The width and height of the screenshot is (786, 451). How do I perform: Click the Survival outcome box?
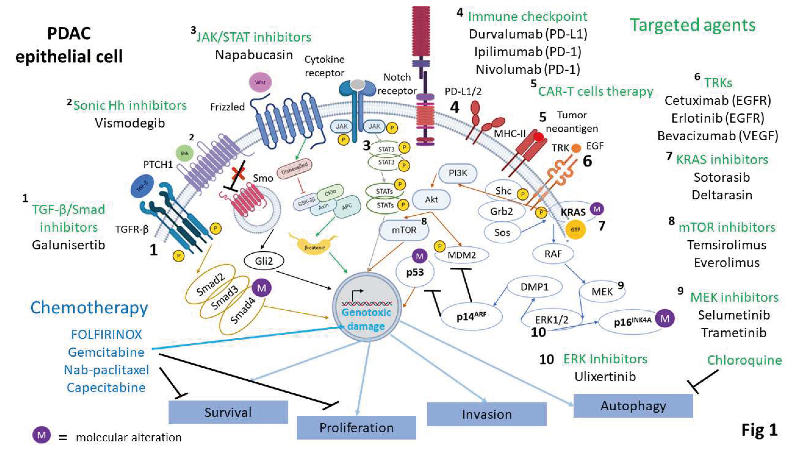[x=228, y=412]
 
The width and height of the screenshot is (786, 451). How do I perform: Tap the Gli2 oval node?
[x=264, y=261]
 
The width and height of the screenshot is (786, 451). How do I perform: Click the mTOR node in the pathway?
[x=404, y=230]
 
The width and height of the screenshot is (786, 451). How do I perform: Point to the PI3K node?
[x=458, y=173]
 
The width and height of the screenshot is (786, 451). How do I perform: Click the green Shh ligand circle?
[x=184, y=153]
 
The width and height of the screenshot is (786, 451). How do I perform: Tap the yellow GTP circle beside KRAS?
[x=575, y=230]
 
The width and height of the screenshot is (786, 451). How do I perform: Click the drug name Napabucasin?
[x=254, y=55]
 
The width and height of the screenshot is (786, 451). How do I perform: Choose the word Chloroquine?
[x=744, y=360]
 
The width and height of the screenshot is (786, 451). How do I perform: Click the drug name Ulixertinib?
[x=605, y=376]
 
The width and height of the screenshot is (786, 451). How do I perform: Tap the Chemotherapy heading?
[x=89, y=308]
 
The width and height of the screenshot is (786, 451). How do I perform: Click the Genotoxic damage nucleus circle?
[x=366, y=307]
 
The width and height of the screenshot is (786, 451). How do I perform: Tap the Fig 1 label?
[x=759, y=430]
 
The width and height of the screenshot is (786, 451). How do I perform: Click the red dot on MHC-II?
[x=539, y=137]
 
